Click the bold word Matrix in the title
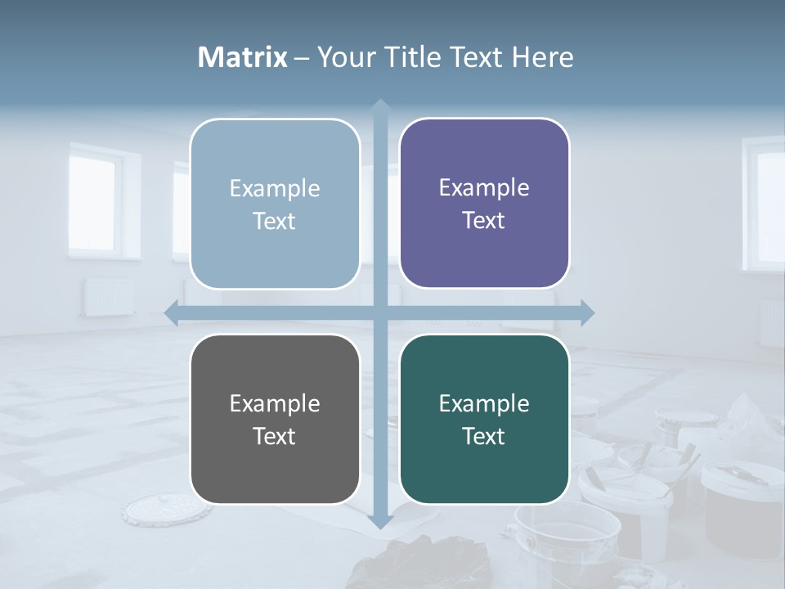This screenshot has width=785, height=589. [243, 57]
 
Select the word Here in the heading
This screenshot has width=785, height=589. [542, 57]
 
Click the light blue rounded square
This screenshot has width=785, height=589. [275, 204]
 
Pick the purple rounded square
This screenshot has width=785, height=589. [484, 203]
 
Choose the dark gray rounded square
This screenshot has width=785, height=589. [275, 419]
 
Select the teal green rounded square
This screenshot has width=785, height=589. [484, 419]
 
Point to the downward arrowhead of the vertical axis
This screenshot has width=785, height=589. [379, 521]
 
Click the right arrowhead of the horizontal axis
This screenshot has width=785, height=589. [586, 312]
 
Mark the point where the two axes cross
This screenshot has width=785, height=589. [379, 312]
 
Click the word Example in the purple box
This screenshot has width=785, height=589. [484, 187]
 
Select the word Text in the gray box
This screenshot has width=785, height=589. [274, 436]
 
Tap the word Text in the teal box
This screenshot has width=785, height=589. [484, 436]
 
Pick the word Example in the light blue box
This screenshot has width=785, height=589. [275, 188]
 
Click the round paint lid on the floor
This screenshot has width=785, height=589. [155, 508]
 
